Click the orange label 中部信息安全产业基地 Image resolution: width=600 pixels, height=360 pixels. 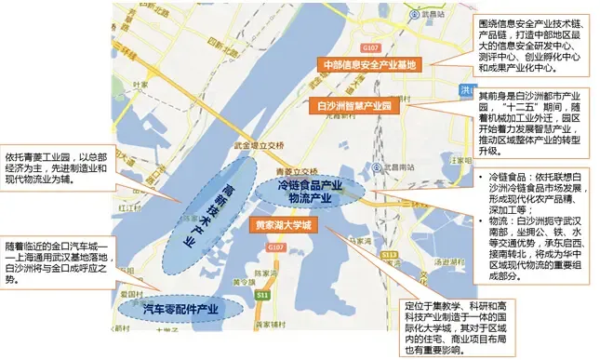370,64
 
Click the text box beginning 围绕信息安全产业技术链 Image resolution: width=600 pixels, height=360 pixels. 533,46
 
